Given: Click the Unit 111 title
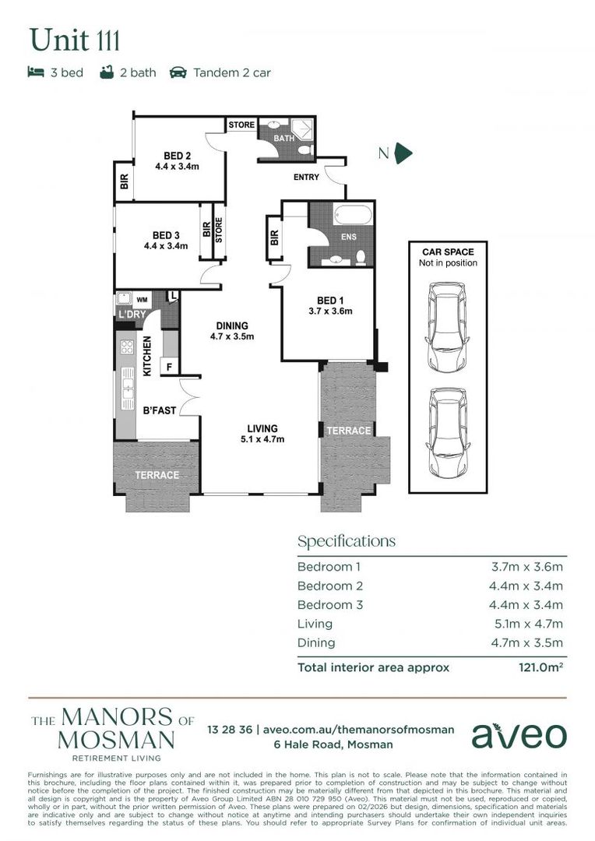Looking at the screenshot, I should tap(75, 39).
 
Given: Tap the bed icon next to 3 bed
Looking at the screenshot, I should tap(36, 72).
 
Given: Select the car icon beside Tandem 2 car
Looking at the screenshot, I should tap(178, 72).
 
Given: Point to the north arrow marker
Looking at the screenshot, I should tap(403, 153).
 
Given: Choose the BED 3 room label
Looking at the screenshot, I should tap(166, 235).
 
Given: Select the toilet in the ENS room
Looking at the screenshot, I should tap(361, 256).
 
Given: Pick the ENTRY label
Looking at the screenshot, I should tap(306, 178).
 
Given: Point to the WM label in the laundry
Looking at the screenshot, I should tap(143, 298).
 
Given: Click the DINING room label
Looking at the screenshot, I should tap(232, 326).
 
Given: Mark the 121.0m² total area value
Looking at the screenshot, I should tap(540, 667).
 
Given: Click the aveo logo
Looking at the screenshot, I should tap(519, 735).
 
